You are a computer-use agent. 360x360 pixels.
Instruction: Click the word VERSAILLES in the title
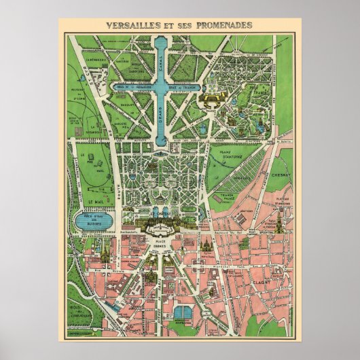pos(132,25)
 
